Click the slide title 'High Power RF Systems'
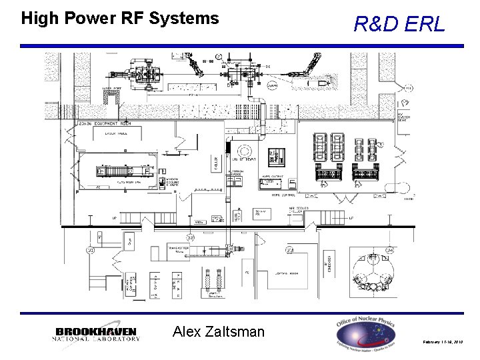tap(120, 18)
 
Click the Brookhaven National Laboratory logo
tap(97, 334)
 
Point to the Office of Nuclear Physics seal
tap(366, 332)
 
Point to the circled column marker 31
tap(89, 250)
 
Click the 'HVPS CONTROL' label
tap(285, 195)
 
